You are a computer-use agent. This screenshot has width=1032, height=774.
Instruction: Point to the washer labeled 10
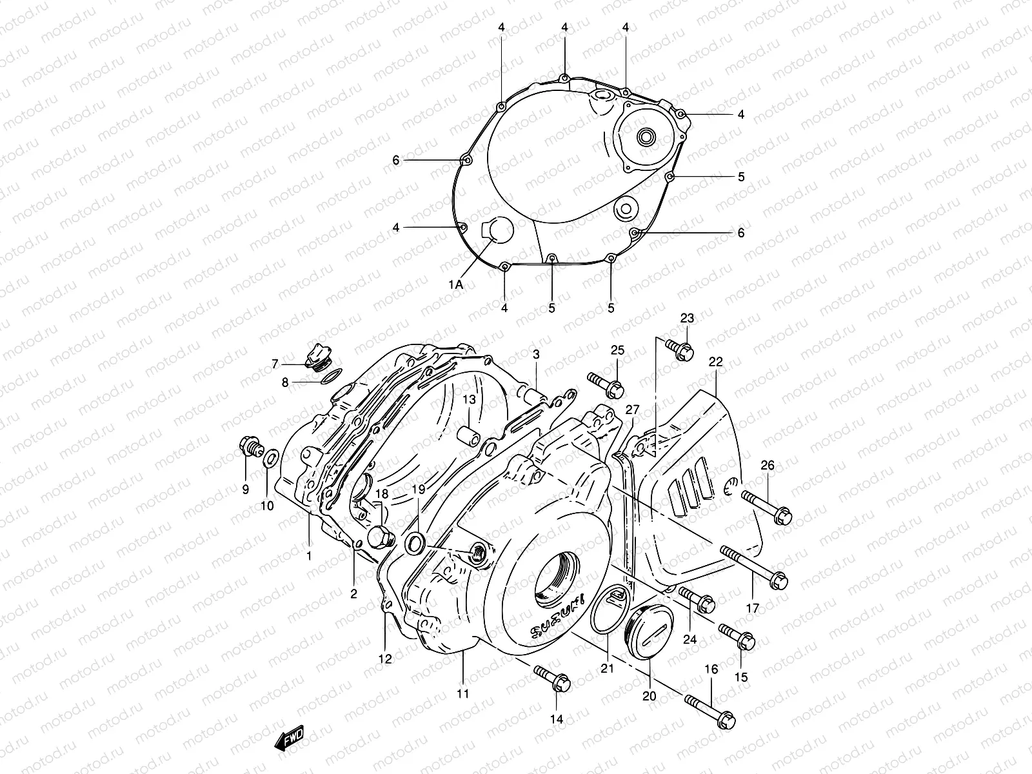(x=272, y=460)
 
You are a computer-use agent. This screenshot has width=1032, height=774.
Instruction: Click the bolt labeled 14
(x=552, y=680)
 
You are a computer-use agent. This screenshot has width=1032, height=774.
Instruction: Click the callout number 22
(x=716, y=362)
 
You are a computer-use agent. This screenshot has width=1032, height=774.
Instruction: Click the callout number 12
(x=385, y=659)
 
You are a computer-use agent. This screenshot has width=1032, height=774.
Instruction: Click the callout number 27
(x=632, y=410)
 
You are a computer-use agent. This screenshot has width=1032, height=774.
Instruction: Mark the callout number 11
(x=462, y=694)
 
